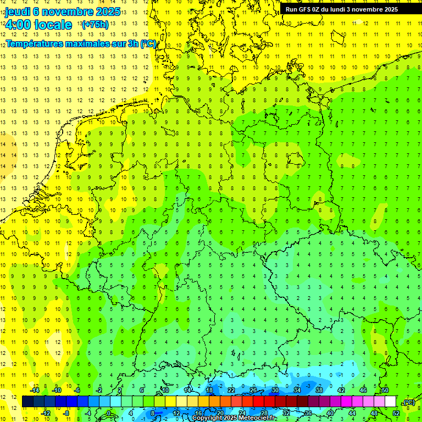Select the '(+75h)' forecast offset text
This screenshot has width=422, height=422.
click(95, 25)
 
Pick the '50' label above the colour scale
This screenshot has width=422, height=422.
click(385, 390)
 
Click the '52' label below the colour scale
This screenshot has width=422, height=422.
click(396, 413)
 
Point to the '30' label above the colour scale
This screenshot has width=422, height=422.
click(275, 390)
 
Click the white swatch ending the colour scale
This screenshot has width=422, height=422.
click(390, 401)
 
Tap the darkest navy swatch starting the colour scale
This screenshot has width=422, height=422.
click(27, 401)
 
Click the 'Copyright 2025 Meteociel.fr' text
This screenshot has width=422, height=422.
click(234, 418)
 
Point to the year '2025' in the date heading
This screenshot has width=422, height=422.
click(109, 12)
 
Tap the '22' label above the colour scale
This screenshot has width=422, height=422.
click(231, 390)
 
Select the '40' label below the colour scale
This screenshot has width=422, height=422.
click(330, 413)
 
